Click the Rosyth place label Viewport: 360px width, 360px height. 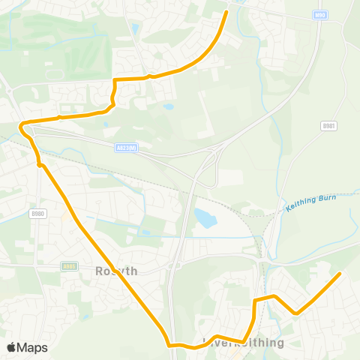click(117, 271)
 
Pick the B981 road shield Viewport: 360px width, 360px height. click(328, 125)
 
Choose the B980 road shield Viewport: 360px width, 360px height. click(39, 214)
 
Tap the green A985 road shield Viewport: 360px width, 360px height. click(69, 265)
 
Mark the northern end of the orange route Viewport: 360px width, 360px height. click(226, 12)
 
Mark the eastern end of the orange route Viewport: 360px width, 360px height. click(340, 274)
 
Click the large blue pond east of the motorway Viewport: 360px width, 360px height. click(204, 218)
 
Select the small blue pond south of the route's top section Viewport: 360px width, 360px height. click(169, 106)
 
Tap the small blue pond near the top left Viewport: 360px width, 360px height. click(135, 28)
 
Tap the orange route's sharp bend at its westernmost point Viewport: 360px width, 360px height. click(22, 124)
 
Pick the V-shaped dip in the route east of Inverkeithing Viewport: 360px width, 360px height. click(296, 313)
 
